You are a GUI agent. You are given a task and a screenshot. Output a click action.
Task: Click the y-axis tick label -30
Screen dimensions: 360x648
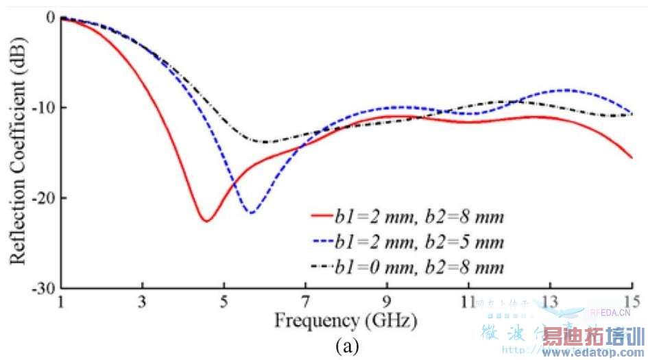(43, 288)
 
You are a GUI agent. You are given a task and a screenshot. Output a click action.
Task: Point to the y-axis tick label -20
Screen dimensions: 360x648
(43, 198)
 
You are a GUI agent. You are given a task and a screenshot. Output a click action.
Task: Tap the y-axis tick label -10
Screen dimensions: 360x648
(43, 108)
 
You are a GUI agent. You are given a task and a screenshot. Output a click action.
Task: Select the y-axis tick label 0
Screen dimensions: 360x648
(49, 17)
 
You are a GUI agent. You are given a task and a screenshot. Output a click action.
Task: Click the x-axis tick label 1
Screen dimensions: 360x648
(61, 302)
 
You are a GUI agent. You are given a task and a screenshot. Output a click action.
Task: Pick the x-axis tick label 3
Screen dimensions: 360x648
(142, 302)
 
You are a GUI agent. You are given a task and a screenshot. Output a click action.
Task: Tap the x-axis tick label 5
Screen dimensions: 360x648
(224, 302)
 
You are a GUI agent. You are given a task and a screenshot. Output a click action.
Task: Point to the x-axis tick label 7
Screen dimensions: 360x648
(305, 302)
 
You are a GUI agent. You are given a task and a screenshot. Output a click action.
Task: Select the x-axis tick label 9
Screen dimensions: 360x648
(387, 302)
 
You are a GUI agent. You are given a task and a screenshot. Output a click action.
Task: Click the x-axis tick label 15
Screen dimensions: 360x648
(631, 302)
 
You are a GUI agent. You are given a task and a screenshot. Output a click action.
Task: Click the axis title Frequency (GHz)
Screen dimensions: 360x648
(346, 320)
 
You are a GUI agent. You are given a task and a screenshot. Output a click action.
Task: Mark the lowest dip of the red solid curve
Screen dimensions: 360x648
(206, 221)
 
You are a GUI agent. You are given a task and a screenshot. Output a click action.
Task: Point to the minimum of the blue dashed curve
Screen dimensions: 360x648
(252, 213)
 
